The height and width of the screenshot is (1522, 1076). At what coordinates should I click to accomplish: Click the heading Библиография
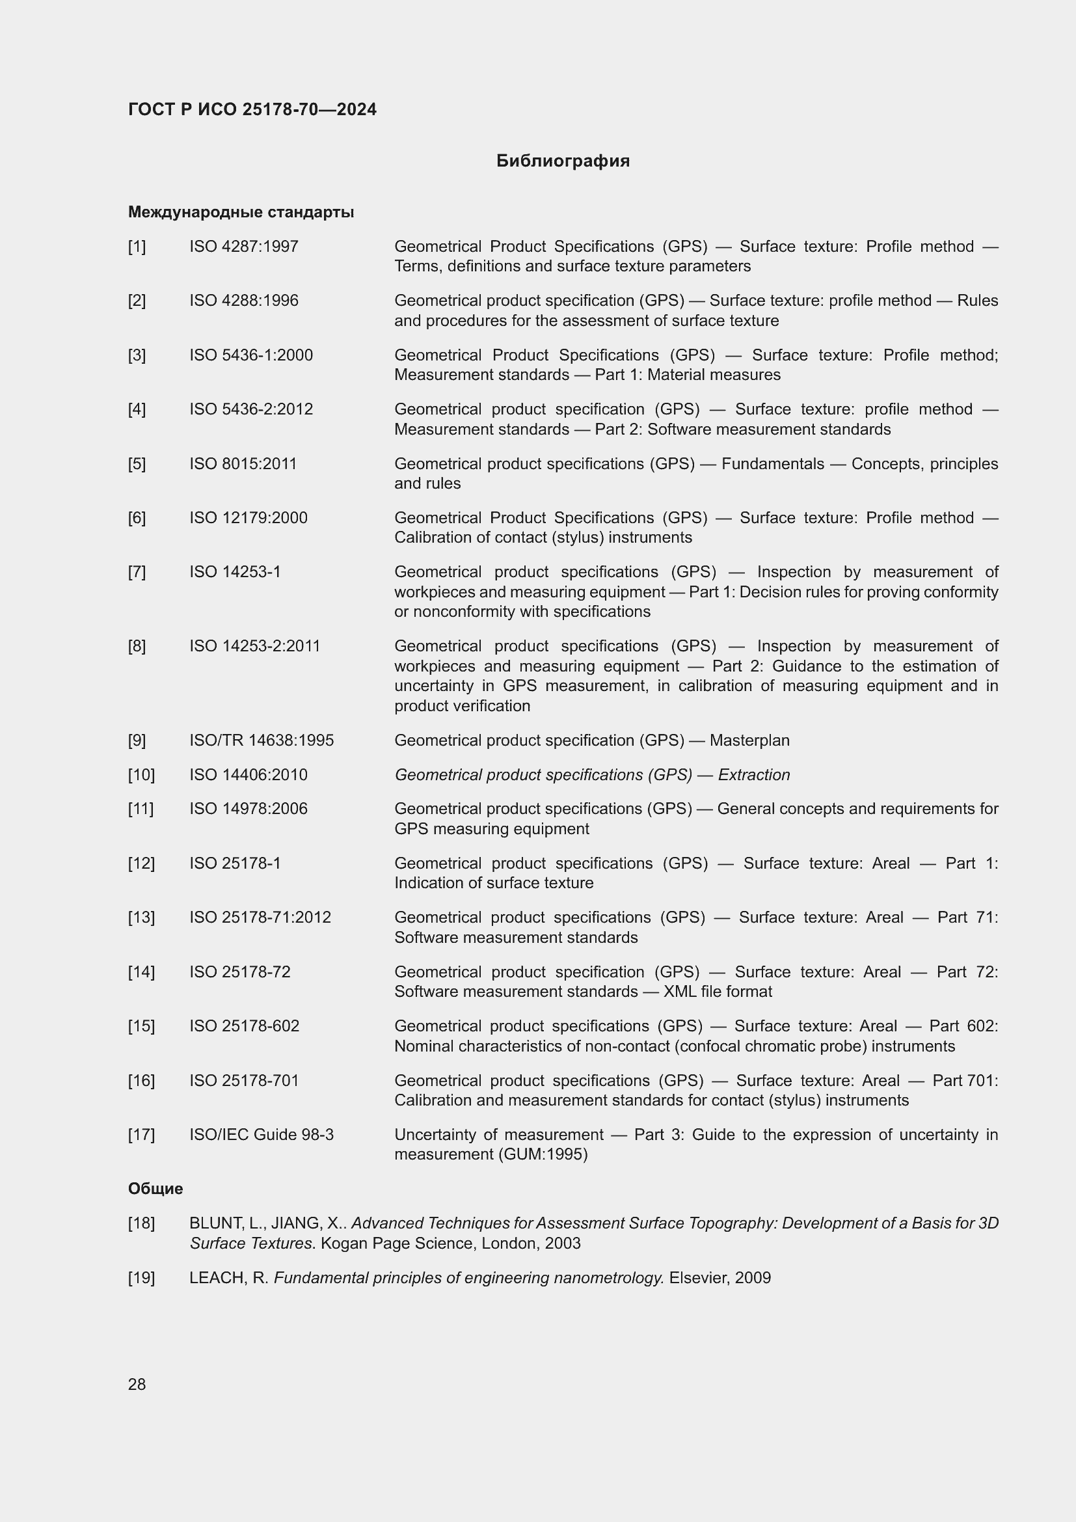(563, 161)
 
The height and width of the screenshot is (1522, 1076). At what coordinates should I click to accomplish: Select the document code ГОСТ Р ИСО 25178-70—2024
(252, 109)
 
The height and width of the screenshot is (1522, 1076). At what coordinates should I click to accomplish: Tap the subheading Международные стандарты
(241, 212)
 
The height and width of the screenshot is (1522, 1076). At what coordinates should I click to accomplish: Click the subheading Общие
(155, 1189)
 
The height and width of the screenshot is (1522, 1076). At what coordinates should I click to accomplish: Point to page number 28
(137, 1384)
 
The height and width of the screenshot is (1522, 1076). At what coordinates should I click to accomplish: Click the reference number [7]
(137, 572)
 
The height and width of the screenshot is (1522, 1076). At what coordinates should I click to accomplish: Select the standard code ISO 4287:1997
(244, 247)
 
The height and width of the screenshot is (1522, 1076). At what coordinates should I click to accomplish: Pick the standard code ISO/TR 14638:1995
(261, 741)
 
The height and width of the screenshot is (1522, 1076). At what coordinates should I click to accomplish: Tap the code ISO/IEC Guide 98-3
(261, 1135)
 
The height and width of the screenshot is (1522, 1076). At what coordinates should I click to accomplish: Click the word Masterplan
(749, 741)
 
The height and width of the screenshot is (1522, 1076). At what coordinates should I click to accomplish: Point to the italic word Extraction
(753, 775)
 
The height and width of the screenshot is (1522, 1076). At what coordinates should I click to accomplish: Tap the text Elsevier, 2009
(720, 1278)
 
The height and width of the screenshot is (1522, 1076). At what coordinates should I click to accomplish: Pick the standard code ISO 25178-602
(244, 1026)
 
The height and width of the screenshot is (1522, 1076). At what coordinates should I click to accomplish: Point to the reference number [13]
(141, 917)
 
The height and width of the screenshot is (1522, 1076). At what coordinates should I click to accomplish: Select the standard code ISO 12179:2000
(248, 518)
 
